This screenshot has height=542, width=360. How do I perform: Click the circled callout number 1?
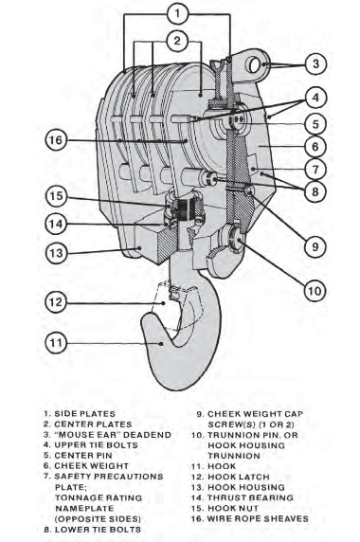[177, 14]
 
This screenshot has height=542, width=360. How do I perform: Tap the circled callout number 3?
[315, 63]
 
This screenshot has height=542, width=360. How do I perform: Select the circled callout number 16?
[56, 140]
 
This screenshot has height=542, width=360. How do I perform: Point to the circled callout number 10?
[315, 291]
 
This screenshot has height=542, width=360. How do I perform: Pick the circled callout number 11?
[56, 343]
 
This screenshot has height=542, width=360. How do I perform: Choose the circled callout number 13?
[56, 253]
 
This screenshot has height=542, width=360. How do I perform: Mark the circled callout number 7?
[315, 170]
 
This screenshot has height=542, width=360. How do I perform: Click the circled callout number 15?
[56, 195]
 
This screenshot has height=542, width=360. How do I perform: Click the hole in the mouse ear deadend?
[254, 65]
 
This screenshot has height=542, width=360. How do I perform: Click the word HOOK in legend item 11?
[222, 466]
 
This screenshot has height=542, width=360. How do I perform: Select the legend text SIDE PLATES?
[84, 414]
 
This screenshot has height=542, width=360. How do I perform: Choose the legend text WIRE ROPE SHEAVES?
[258, 518]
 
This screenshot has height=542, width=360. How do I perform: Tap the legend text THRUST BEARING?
[250, 497]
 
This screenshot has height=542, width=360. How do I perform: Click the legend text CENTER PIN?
[83, 455]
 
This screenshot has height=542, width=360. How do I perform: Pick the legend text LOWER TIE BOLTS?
[98, 530]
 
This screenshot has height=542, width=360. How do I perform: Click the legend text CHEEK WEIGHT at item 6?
[91, 465]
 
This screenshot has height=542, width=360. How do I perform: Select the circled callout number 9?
[315, 246]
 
